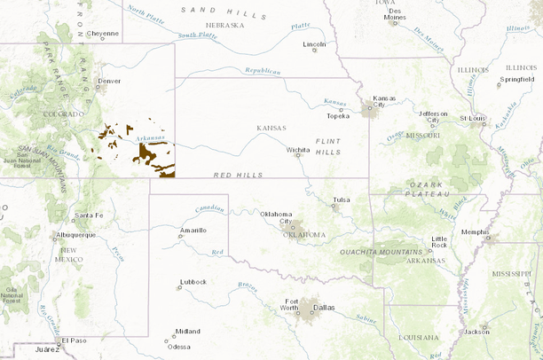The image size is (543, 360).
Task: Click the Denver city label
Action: coord(109,81)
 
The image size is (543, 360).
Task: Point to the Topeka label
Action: coord(338,115)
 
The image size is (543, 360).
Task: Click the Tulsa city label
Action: coord(342,200)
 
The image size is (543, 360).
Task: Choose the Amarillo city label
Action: coord(193,230)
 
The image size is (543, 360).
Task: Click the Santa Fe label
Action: coord(88,215)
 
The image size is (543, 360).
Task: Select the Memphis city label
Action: coord(475,231)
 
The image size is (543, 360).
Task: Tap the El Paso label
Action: coord(73,340)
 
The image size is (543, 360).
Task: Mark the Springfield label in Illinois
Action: coord(516,79)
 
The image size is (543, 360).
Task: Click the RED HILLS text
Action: coord(239,176)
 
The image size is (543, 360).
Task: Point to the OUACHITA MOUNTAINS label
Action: coord(388,254)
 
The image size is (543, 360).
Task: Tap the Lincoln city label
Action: coord(314,43)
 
